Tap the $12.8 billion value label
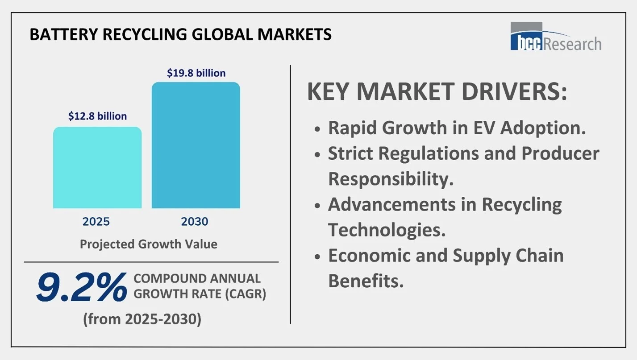click(x=97, y=116)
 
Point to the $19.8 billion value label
click(x=196, y=73)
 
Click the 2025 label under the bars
click(x=96, y=222)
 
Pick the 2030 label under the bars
click(x=195, y=222)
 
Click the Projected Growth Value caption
click(x=148, y=244)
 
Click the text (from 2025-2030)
click(x=142, y=319)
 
